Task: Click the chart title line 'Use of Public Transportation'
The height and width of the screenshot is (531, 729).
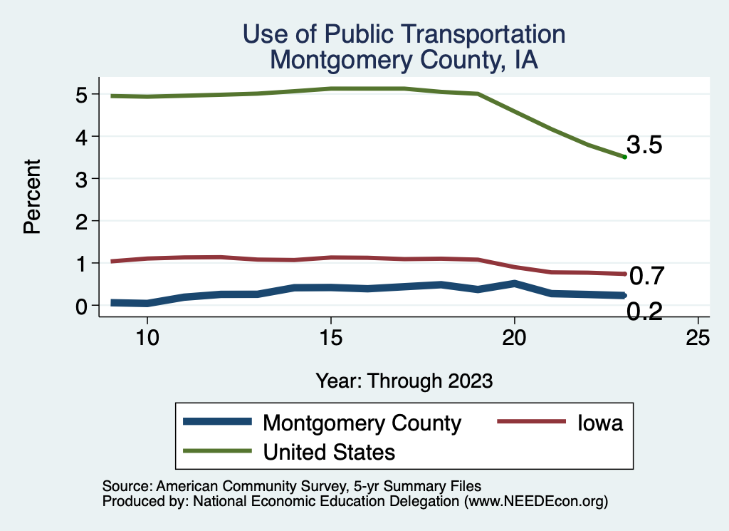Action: click(x=404, y=34)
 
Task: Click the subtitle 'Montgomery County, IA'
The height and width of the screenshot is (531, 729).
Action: click(x=404, y=60)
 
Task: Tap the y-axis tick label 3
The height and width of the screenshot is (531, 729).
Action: click(x=82, y=179)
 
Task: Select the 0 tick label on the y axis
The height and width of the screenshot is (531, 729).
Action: click(x=82, y=306)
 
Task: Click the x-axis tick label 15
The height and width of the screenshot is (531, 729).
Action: click(x=330, y=337)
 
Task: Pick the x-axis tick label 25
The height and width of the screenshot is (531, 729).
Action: click(x=698, y=337)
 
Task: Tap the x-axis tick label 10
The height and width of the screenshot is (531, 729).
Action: click(x=147, y=337)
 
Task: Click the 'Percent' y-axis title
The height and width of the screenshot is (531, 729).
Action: click(x=32, y=197)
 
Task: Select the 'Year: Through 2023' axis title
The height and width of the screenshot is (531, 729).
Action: click(x=404, y=381)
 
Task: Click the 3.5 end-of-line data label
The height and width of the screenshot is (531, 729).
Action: click(x=644, y=145)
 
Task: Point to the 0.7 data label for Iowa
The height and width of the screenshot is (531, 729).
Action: click(x=646, y=276)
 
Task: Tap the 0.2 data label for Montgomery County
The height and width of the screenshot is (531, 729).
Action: click(x=644, y=311)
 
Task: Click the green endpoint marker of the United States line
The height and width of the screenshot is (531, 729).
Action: click(x=625, y=157)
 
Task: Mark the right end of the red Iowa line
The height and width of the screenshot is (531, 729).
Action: click(x=625, y=274)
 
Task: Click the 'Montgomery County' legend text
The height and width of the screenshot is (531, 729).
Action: click(x=362, y=423)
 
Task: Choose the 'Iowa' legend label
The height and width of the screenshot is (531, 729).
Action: click(x=599, y=423)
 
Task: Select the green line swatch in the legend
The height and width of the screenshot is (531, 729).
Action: click(x=218, y=451)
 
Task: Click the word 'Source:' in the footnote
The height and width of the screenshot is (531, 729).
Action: click(x=127, y=486)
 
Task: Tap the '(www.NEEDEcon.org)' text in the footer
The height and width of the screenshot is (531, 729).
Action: click(x=535, y=501)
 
